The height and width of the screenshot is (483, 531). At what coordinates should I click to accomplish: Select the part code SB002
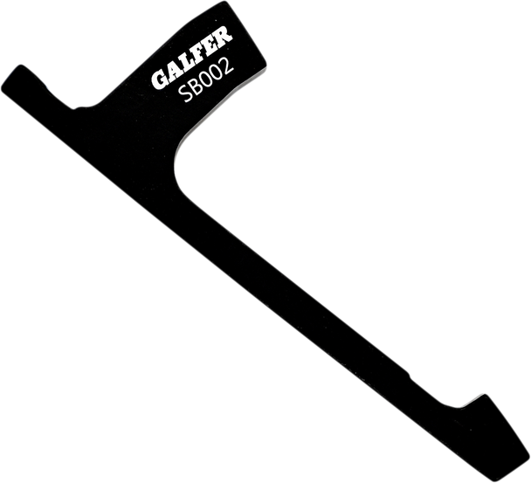[x=207, y=80]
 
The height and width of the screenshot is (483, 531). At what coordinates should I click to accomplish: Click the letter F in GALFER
[x=199, y=51]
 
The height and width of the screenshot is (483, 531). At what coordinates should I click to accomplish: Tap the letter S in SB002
[x=185, y=94]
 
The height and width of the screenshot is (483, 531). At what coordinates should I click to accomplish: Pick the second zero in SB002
[x=217, y=73]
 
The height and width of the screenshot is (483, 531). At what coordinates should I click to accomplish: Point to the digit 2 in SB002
[x=228, y=66]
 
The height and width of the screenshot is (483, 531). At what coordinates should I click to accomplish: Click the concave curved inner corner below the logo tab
[x=179, y=162]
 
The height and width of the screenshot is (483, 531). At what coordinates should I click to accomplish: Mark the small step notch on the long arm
[x=409, y=376]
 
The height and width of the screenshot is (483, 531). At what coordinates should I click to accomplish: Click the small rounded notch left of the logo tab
[x=79, y=107]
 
